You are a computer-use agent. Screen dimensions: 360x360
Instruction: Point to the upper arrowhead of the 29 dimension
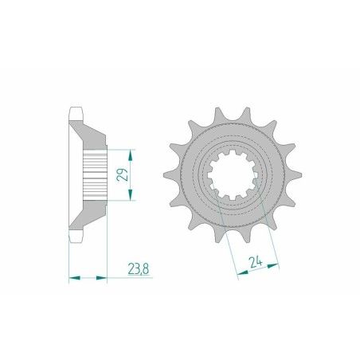pyautogui.click(x=132, y=151)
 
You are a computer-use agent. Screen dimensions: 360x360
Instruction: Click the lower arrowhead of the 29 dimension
pyautogui.click(x=132, y=199)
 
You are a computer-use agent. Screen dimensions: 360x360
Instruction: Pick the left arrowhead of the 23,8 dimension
pyautogui.click(x=74, y=278)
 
